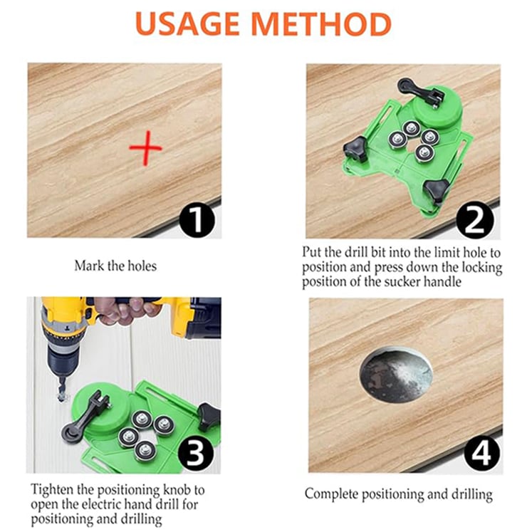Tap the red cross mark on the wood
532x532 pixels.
coord(145,150)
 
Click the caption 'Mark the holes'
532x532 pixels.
coord(115,266)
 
